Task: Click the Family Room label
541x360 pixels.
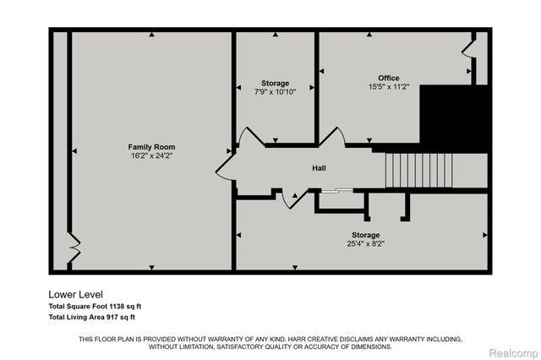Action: point(152,146)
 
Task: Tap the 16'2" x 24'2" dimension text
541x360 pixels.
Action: point(152,155)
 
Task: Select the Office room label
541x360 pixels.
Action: point(388,78)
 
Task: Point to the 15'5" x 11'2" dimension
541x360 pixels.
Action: point(388,86)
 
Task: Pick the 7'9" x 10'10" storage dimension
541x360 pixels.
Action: point(274,91)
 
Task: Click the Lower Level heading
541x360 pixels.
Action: point(75,294)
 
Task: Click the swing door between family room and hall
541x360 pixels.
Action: point(227,158)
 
